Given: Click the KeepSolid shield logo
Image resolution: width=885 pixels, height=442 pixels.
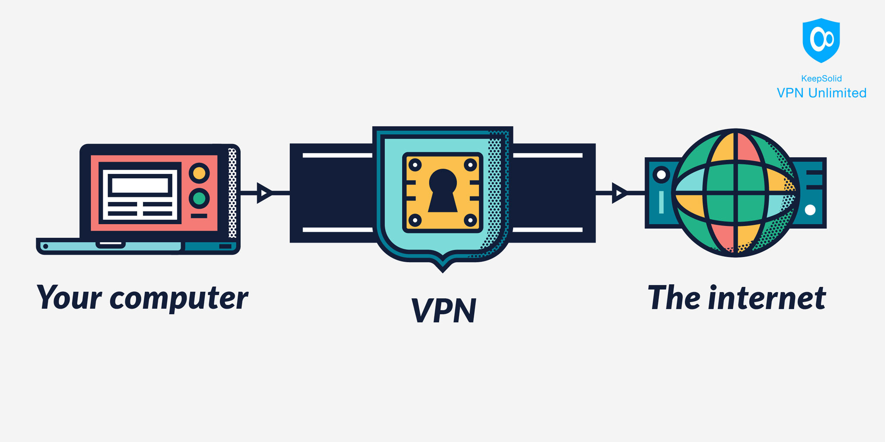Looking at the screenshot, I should [821, 40].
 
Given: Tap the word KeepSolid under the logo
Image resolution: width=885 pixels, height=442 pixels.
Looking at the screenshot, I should [821, 79].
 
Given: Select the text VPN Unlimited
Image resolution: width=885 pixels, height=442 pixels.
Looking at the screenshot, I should [821, 93].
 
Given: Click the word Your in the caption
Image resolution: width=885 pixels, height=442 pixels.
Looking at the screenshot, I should [69, 298].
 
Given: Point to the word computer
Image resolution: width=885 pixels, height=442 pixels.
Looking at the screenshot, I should [179, 299].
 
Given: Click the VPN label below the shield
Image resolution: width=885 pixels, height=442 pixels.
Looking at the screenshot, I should [443, 310].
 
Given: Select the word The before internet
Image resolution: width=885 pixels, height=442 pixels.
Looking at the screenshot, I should [675, 298].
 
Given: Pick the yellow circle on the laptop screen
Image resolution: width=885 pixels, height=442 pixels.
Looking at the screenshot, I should [199, 173].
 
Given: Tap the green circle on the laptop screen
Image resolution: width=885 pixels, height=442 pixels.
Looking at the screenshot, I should [199, 199].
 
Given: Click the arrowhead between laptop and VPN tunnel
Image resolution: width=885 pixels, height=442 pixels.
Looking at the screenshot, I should [264, 193].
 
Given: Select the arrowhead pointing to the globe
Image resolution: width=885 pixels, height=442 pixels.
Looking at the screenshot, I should [619, 193].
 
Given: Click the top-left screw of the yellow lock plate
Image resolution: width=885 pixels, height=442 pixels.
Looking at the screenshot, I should [415, 164].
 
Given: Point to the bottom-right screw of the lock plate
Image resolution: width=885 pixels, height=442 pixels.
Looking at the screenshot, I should [470, 221].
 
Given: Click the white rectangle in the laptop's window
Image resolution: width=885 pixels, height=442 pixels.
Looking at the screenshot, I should [140, 186].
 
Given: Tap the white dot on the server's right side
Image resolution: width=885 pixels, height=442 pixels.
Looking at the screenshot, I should [810, 210].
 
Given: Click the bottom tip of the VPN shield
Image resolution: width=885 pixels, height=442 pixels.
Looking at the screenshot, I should [442, 270].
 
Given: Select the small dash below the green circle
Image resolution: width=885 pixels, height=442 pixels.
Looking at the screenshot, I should [199, 216].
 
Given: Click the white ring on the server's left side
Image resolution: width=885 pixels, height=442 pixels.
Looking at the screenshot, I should [661, 175].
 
